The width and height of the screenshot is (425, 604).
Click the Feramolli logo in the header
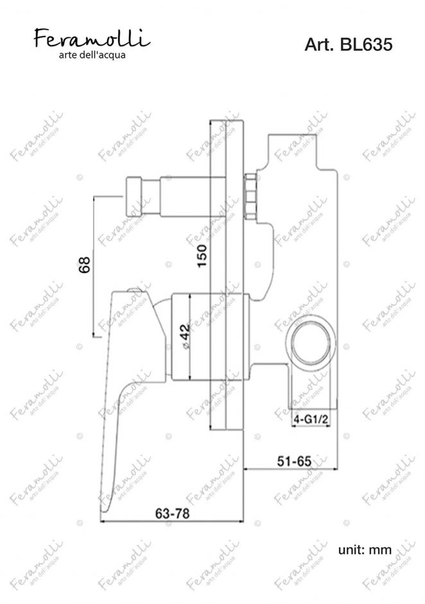point(92,39)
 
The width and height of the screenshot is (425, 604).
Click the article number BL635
point(366,45)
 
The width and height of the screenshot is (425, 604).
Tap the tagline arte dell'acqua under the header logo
point(92,55)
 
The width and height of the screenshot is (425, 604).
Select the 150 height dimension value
point(202,256)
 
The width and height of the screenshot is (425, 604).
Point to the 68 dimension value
point(84,265)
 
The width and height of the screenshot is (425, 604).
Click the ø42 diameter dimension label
point(184,336)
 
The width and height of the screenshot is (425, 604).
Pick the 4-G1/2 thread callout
point(311,419)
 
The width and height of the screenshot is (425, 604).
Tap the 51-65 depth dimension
point(294,461)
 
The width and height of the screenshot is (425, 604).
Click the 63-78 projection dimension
point(172,513)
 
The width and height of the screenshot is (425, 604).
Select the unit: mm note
point(365,549)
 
